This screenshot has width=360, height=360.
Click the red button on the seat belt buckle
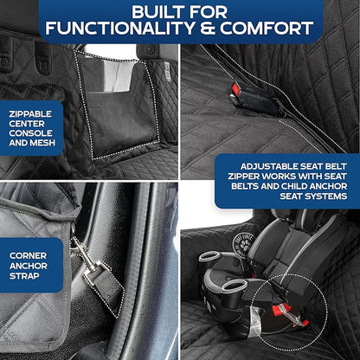[235, 90]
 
